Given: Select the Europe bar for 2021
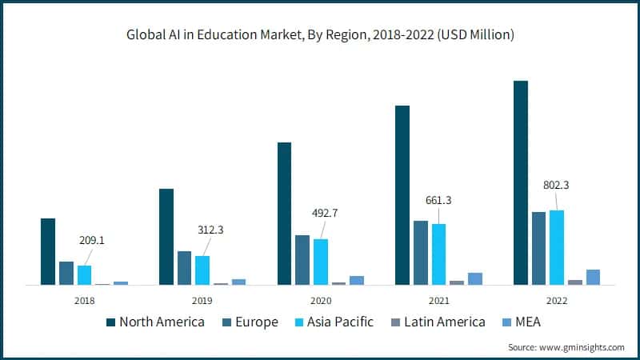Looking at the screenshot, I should click(420, 253).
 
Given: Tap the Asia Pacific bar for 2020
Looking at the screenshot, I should click(320, 262).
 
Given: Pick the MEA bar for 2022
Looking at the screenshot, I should click(593, 277).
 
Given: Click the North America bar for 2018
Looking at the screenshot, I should click(48, 251).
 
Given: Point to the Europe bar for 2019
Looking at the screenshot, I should click(184, 268).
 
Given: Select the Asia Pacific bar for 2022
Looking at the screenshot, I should click(557, 247).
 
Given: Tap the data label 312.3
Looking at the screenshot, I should click(210, 230).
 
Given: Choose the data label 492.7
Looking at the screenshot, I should click(325, 213).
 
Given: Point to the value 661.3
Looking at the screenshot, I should click(438, 200).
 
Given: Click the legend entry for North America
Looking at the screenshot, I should click(156, 322).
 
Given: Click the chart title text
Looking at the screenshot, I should click(320, 34).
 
